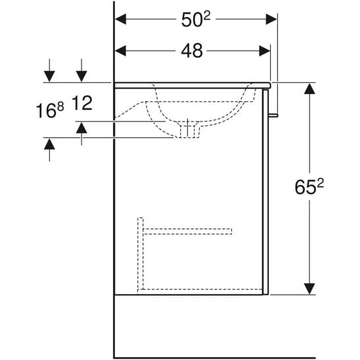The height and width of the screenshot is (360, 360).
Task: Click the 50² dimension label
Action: [196, 19]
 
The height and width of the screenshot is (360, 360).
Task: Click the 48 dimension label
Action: [192, 51]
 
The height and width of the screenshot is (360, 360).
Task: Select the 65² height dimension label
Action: [309, 187]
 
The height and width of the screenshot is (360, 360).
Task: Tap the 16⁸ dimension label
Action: [50, 110]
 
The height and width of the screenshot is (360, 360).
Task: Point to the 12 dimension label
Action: [82, 103]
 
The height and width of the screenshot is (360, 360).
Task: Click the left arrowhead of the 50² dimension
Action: [120, 19]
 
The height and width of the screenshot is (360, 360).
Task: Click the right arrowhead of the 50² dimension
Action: [271, 19]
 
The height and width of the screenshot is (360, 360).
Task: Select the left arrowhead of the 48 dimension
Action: [120, 51]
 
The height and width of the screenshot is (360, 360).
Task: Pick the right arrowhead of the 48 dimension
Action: [265, 51]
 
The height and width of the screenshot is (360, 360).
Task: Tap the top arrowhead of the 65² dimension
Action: [309, 89]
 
